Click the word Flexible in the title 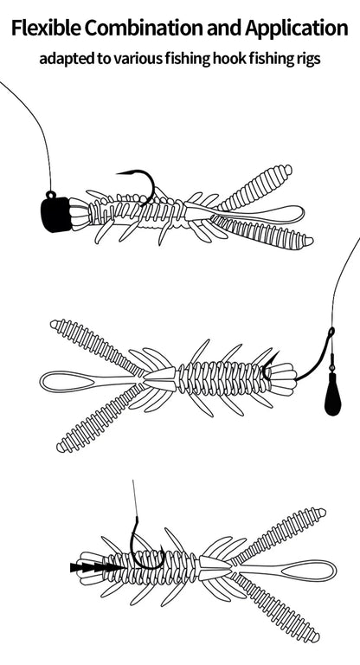point(45,29)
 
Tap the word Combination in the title point(143,29)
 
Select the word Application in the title point(297,29)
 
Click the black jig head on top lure point(53,212)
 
